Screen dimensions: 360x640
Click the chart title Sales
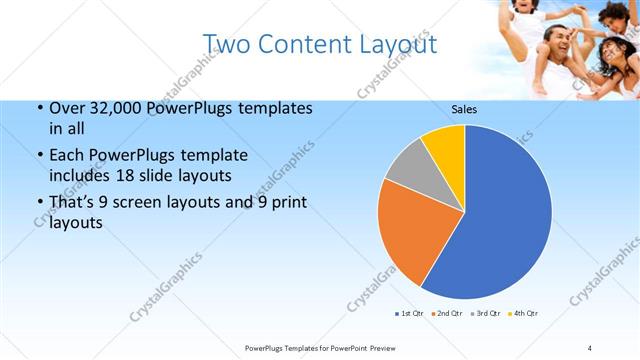(464, 108)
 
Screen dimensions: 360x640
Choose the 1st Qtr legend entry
(409, 314)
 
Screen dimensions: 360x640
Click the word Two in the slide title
(226, 43)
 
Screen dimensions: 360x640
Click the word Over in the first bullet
(65, 108)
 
